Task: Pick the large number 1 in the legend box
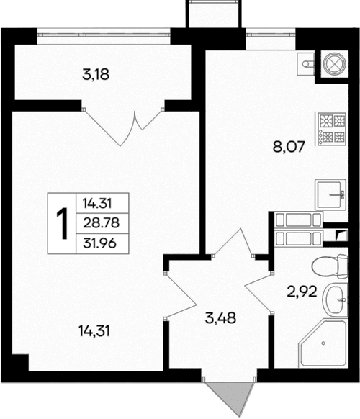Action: (x=63, y=223)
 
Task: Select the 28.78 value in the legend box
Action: (x=100, y=223)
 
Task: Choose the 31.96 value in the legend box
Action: (x=100, y=243)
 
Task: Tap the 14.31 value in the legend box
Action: (x=100, y=204)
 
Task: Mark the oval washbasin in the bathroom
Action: (x=335, y=300)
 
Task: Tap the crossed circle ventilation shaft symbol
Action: (x=335, y=63)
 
